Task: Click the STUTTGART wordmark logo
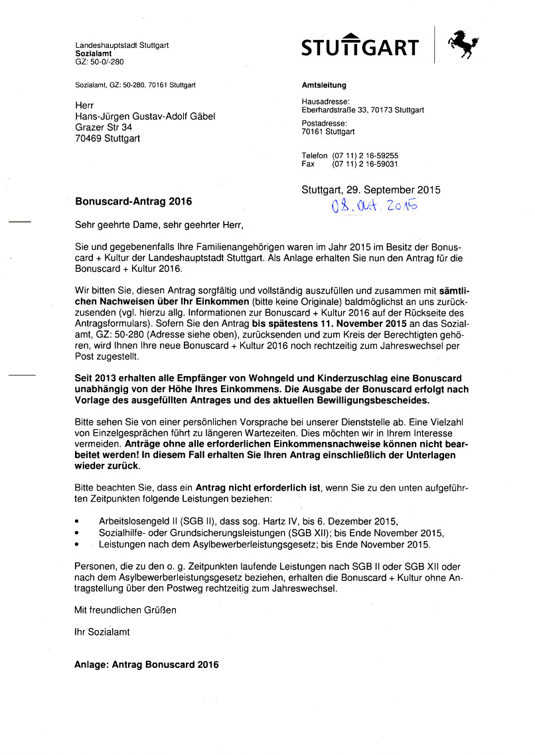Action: click(x=360, y=47)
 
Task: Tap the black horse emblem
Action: click(x=463, y=44)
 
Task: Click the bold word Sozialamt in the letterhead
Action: click(x=94, y=53)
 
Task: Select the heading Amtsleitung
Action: click(x=324, y=85)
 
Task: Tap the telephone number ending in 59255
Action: click(x=366, y=155)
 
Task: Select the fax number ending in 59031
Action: click(x=366, y=163)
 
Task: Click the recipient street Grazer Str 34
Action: click(x=104, y=127)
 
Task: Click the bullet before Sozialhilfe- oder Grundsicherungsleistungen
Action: click(x=78, y=534)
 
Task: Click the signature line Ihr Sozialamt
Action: click(x=102, y=632)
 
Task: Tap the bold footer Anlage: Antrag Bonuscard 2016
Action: click(x=146, y=664)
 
